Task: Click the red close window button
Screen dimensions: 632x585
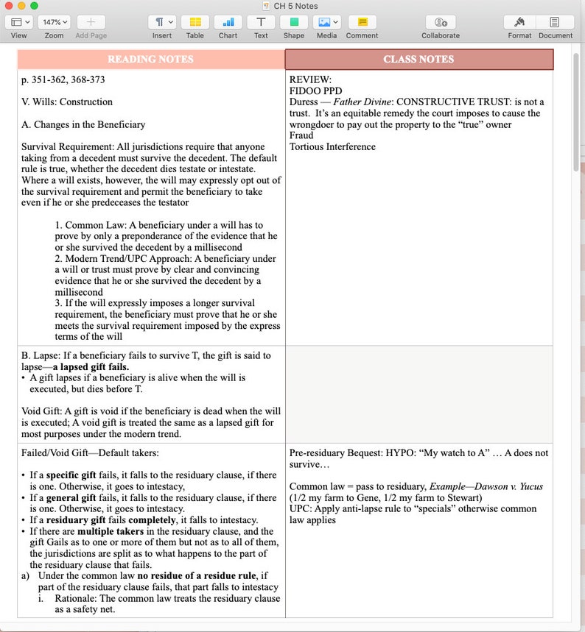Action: pos(9,6)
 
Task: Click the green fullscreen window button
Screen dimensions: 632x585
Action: pos(34,6)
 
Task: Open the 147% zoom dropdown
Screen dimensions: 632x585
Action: pos(54,22)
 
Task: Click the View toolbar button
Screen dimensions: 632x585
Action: pos(18,22)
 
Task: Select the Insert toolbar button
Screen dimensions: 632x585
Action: pos(162,22)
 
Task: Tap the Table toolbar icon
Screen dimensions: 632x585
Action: pos(195,22)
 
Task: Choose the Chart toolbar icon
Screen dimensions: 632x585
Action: pos(228,22)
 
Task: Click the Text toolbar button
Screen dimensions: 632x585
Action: pos(261,22)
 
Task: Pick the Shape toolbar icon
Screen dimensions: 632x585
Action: pos(294,22)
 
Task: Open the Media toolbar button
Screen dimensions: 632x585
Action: pos(326,22)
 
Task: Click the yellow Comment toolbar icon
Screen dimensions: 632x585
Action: pos(362,22)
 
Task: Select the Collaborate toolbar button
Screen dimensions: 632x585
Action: pos(441,22)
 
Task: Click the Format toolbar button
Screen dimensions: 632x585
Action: pos(519,22)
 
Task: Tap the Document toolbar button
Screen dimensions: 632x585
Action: pos(555,22)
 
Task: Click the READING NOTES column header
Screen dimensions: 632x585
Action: pos(150,59)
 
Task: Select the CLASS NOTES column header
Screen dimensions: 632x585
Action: pos(418,59)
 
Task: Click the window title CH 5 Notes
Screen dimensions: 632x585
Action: pos(295,6)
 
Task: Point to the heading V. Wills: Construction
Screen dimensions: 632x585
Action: pos(67,102)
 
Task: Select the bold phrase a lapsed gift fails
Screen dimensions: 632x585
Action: pos(91,366)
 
